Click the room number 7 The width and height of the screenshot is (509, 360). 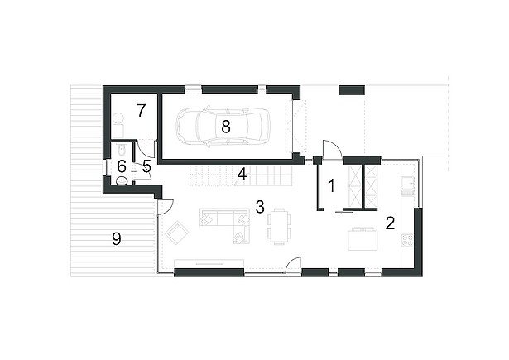click(141, 111)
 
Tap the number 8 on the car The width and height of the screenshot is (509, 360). click(226, 127)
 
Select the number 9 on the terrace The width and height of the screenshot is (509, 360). click(116, 239)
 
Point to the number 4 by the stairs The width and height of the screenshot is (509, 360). click(242, 175)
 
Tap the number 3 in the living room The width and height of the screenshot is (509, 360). click(260, 207)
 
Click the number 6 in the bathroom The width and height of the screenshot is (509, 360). click(122, 167)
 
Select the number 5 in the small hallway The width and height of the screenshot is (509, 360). click(146, 166)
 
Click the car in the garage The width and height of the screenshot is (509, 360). click(223, 126)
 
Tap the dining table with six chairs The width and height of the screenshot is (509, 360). click(279, 226)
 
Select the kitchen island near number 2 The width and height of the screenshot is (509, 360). click(363, 239)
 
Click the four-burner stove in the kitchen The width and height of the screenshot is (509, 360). click(408, 240)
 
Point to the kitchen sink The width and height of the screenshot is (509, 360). click(407, 183)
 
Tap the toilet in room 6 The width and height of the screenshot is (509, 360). click(121, 151)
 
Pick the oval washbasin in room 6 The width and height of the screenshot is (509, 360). click(122, 180)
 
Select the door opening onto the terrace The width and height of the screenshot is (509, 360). click(165, 208)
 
